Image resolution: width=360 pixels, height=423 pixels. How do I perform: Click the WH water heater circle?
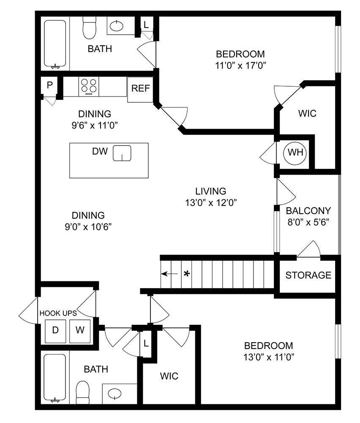295,152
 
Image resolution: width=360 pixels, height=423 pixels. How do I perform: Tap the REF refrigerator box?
140,89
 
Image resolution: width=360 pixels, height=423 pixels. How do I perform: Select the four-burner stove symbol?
89,86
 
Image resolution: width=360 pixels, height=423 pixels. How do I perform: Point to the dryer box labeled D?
55,330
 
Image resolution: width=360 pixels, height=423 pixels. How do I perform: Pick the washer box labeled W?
80,330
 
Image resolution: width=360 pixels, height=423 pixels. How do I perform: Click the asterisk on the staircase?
186,273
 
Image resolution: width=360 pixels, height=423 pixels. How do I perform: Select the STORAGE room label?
308,275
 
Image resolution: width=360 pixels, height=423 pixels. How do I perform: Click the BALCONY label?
308,211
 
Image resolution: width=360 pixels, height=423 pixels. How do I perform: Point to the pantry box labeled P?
49,85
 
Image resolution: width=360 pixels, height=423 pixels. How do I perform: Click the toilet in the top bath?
89,28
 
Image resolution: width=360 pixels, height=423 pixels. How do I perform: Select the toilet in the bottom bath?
83,392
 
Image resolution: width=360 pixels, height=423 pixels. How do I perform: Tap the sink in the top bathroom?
117,27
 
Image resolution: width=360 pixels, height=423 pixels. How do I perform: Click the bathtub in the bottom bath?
55,378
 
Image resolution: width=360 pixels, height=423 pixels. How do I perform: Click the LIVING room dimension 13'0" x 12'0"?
210,202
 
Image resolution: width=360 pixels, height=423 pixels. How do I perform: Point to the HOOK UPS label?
58,313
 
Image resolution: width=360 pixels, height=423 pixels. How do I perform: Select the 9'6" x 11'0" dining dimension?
95,125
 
